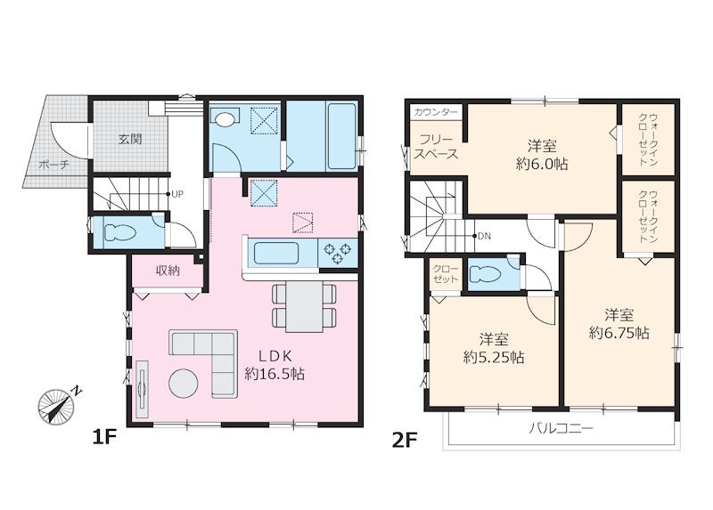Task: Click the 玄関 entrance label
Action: (130, 139)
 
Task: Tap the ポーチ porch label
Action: (53, 165)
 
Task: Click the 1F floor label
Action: (104, 438)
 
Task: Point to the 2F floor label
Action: (405, 440)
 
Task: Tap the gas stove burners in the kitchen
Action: (338, 253)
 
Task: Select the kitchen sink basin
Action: (276, 253)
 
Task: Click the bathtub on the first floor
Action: (341, 136)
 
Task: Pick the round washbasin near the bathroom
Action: (225, 119)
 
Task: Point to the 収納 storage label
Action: (168, 271)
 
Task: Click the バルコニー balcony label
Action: (561, 428)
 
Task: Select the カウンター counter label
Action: (436, 112)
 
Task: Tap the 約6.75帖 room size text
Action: (619, 333)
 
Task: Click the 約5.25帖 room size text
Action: (494, 358)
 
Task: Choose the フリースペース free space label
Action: (436, 147)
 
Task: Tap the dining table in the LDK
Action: (304, 306)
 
